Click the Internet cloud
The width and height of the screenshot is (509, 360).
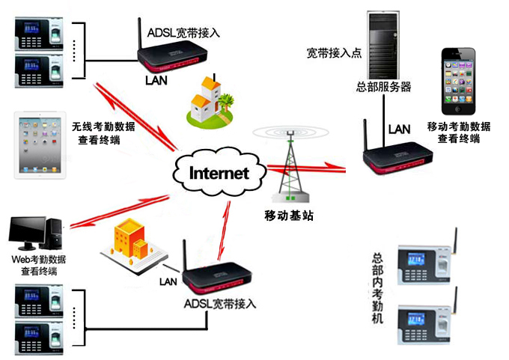[219, 173]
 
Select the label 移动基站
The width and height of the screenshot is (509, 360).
[289, 216]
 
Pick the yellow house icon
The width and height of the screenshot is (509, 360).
[207, 100]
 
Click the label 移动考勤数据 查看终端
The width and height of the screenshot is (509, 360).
[458, 132]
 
